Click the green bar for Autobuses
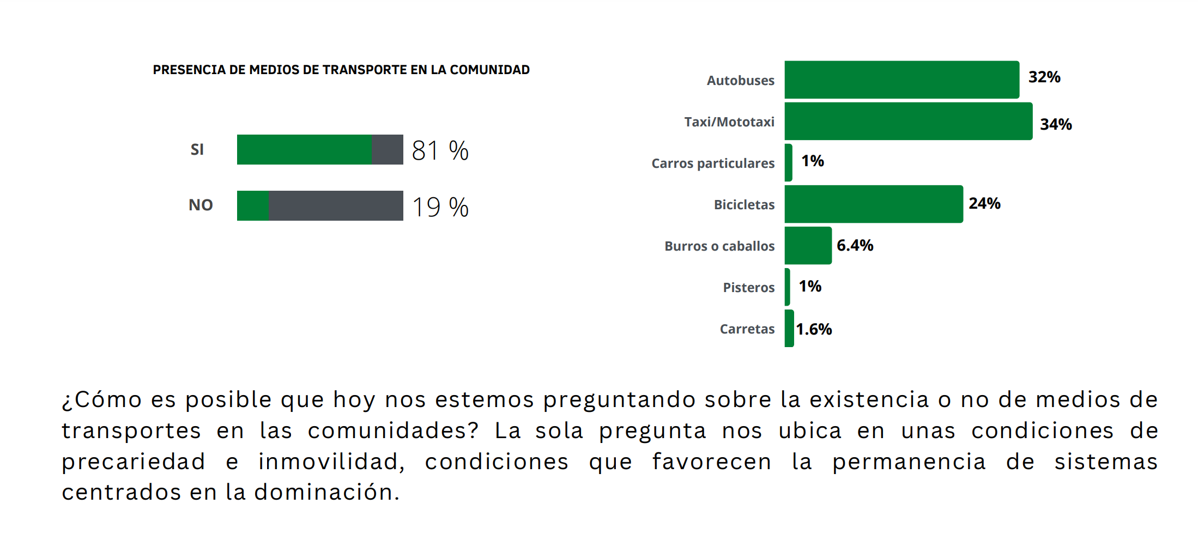coord(901,80)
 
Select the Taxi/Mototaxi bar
coord(909,121)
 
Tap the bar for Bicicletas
coord(874,204)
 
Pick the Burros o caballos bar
coord(808,245)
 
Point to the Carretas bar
coord(789,328)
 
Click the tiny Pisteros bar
coord(788,287)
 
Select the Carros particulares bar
coord(789,162)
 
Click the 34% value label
coord(1056,124)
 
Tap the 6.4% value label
coord(855,245)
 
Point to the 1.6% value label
coord(814,329)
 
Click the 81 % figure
coord(440,151)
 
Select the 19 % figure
coord(440,207)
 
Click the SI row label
coord(197,149)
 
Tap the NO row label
coord(201,205)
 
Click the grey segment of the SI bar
coord(387,149)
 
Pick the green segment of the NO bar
coord(253,205)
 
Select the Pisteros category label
coord(748,287)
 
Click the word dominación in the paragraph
coord(326,492)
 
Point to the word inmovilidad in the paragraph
coord(331,462)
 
